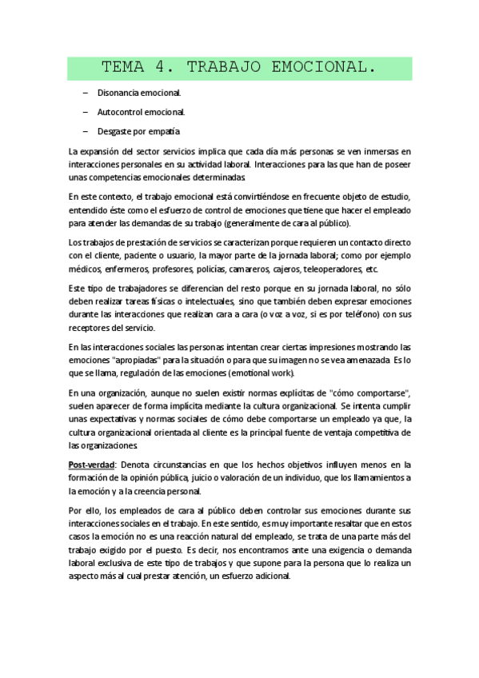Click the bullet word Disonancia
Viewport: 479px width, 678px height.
point(117,94)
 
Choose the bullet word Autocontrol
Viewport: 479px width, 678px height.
point(120,112)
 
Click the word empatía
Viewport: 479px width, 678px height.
point(165,130)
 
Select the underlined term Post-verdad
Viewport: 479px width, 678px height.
point(92,465)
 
